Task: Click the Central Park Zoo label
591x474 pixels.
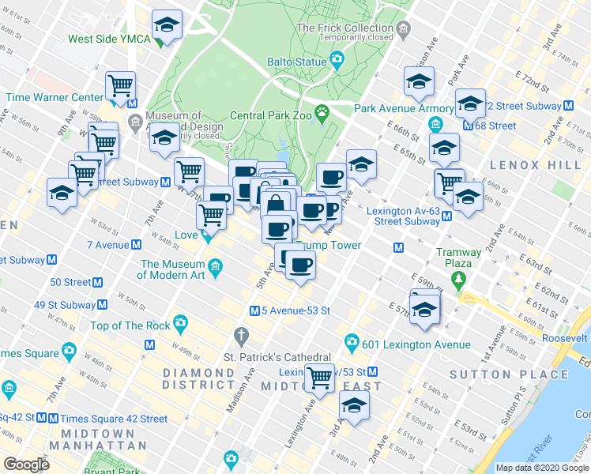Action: [270, 115]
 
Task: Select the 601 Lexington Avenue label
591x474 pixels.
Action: [416, 344]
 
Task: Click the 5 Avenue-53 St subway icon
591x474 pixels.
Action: [254, 311]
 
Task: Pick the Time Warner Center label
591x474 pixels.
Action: [55, 97]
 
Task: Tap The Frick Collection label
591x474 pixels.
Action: [344, 28]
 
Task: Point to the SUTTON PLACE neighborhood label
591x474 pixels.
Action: [494, 374]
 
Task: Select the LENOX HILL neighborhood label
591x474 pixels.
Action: [525, 166]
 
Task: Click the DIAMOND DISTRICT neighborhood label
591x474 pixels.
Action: [198, 378]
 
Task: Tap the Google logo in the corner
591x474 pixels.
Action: [26, 465]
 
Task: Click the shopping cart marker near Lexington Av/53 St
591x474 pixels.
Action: [319, 378]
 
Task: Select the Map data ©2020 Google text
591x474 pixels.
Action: [543, 468]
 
